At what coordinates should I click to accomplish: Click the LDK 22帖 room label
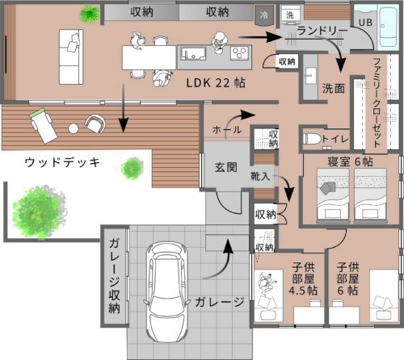coord(216,83)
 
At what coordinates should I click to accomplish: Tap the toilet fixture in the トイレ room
coord(312,139)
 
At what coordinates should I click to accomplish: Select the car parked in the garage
coord(166,291)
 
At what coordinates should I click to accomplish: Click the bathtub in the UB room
coord(388,27)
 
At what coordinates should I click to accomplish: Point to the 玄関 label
coord(226,167)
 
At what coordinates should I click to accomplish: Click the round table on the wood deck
coord(74,128)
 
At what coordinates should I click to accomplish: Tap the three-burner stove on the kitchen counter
coord(239,52)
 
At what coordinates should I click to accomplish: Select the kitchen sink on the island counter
coord(193,53)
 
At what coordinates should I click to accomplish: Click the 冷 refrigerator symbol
coord(264,15)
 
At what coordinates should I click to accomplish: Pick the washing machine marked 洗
coord(290,15)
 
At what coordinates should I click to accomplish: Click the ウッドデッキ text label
coord(62,162)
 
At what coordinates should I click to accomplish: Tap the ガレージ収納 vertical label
coord(114,276)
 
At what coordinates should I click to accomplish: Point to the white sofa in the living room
coord(71,57)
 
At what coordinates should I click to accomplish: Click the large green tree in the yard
coord(38,212)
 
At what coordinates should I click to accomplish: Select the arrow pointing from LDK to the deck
coord(124,108)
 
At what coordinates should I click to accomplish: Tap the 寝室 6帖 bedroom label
coord(350,161)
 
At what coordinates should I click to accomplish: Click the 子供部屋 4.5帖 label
coord(303,279)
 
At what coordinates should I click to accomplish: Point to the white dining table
coord(149,57)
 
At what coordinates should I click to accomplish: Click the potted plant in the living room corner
coord(90,14)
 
